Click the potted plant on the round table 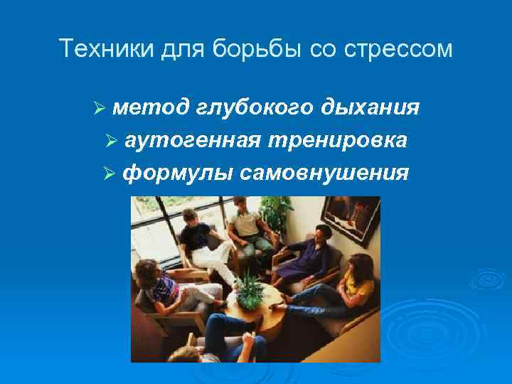click(250, 288)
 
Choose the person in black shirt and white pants click(203, 242)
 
